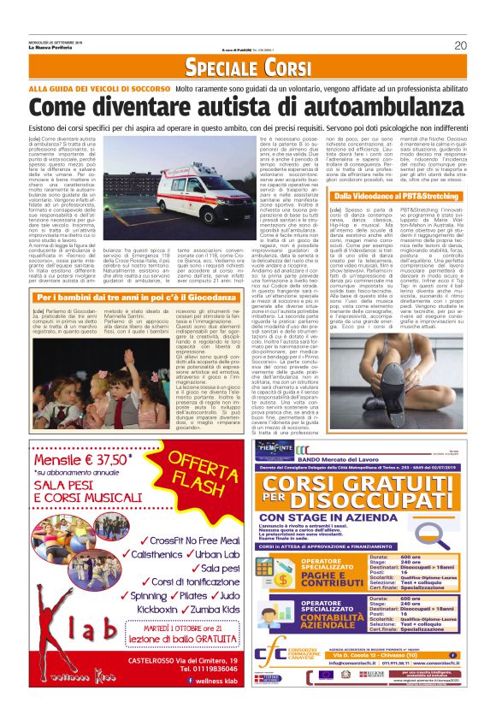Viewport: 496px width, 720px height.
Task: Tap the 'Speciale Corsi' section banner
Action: pos(248,68)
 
